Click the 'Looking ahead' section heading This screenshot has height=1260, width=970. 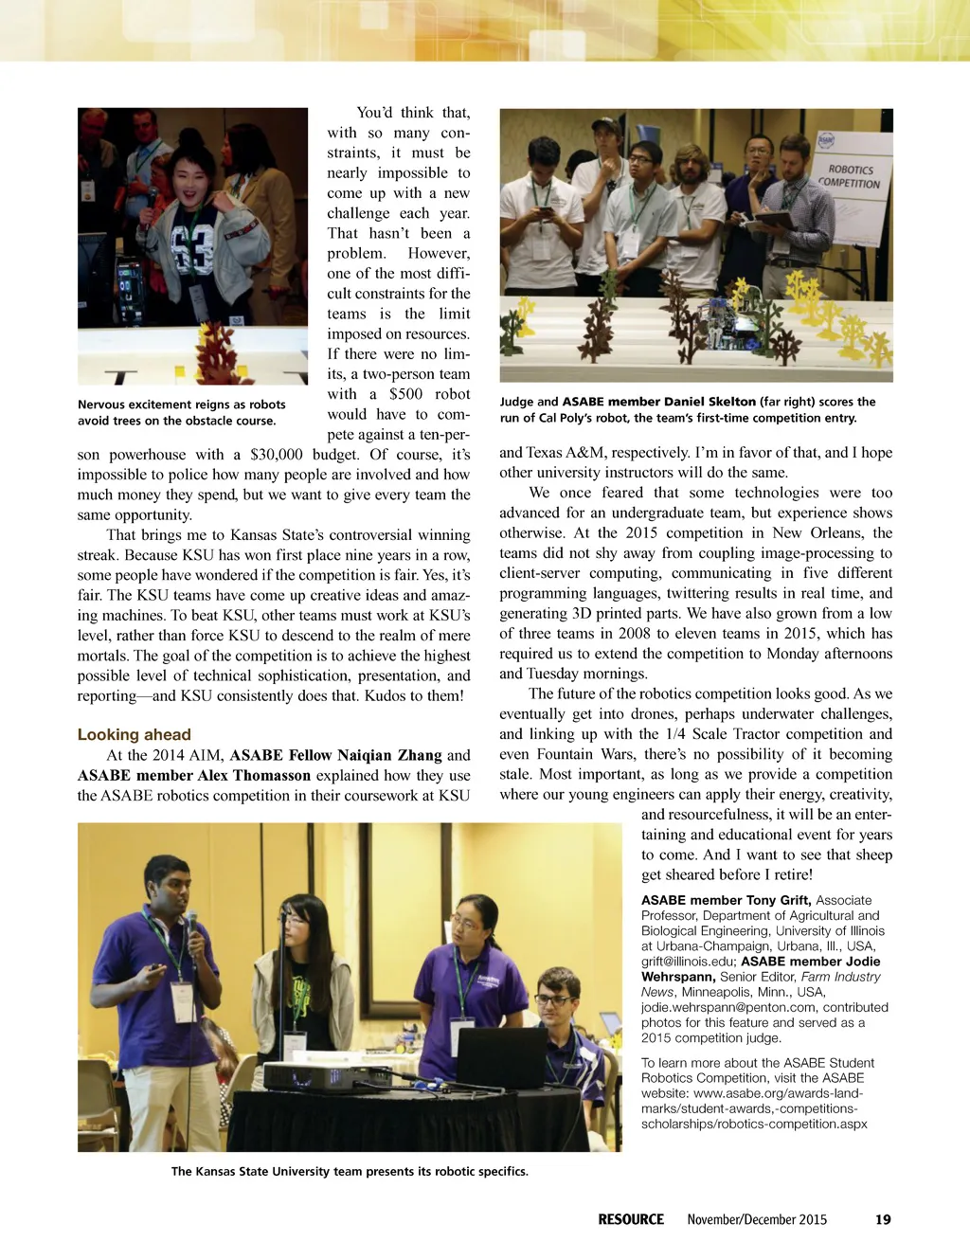134,734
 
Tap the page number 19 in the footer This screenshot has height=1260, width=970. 883,1219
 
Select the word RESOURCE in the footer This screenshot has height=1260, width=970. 630,1219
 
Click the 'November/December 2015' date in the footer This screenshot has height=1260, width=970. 757,1219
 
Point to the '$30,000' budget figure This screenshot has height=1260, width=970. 277,455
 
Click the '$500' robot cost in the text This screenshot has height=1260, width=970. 405,394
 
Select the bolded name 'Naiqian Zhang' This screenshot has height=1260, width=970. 393,755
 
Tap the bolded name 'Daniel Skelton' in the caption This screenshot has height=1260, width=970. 710,402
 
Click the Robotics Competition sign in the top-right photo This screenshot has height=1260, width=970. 851,176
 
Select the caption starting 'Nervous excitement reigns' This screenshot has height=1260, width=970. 181,412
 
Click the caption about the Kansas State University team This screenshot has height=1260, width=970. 350,1171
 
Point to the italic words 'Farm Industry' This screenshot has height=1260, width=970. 840,977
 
